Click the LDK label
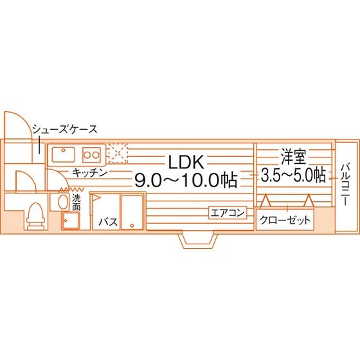pyautogui.click(x=186, y=162)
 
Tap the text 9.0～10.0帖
pyautogui.click(x=186, y=180)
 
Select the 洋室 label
pyautogui.click(x=293, y=157)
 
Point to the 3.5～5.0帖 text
pyautogui.click(x=293, y=175)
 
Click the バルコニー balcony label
pyautogui.click(x=345, y=184)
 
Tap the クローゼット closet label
pyautogui.click(x=285, y=220)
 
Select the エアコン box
pyautogui.click(x=228, y=213)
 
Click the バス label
pyautogui.click(x=108, y=222)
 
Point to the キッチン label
pyautogui.click(x=90, y=173)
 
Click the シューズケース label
pyautogui.click(x=65, y=129)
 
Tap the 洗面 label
pyautogui.click(x=76, y=203)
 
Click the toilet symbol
pyautogui.click(x=35, y=216)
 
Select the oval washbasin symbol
pyautogui.click(x=63, y=202)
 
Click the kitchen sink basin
pyautogui.click(x=64, y=154)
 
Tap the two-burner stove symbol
pyautogui.click(x=91, y=155)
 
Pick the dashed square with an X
pyautogui.click(x=118, y=153)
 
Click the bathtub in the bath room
pyautogui.click(x=132, y=212)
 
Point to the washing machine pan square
pyautogui.click(x=71, y=221)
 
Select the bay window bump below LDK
pyautogui.click(x=199, y=239)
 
